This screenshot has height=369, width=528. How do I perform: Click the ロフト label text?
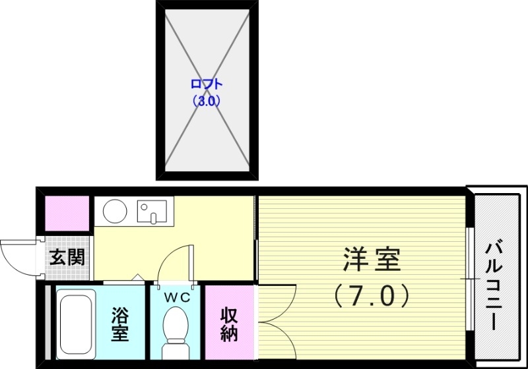[206, 84]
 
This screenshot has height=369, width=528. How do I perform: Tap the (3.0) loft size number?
[206, 101]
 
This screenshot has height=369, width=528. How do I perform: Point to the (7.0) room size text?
[372, 295]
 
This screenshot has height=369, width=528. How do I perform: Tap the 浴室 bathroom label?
[120, 323]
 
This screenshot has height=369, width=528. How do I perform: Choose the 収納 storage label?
[228, 324]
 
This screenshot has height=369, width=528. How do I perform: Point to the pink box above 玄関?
[66, 213]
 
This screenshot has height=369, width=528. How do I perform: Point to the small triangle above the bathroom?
[137, 279]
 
